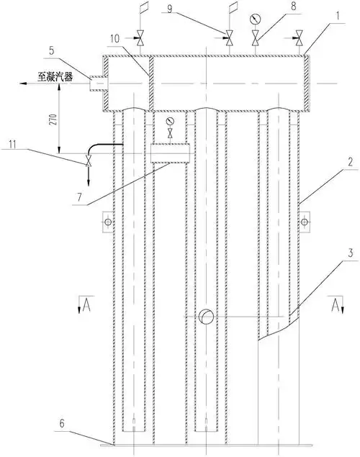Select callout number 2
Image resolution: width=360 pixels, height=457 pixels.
tap(350, 162)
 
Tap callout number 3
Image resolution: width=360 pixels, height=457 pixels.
tap(350, 253)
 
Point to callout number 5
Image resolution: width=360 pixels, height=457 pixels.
tap(51, 50)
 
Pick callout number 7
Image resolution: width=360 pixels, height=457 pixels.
tap(79, 197)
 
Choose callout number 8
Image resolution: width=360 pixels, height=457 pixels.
tap(294, 6)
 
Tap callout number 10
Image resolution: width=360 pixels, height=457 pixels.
tap(115, 39)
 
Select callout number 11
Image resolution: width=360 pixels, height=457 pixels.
tap(12, 144)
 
